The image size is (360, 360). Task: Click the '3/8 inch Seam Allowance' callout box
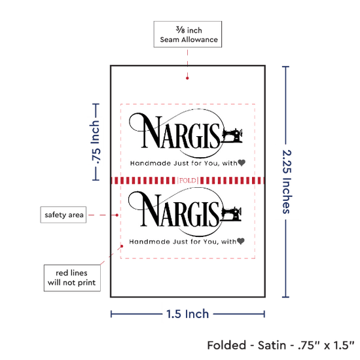tap(188, 34)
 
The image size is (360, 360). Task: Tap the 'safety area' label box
tap(63, 215)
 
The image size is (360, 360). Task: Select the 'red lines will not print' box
tap(72, 278)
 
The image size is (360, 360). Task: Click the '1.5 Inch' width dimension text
tap(187, 314)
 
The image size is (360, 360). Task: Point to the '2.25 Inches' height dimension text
tap(287, 181)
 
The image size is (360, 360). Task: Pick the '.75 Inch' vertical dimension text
tap(96, 142)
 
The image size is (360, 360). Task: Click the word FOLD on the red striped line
tap(188, 181)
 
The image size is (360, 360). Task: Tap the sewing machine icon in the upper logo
tap(232, 135)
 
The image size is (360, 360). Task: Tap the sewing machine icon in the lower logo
tap(231, 214)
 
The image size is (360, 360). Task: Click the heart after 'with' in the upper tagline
tap(242, 162)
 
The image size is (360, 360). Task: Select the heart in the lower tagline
tap(241, 241)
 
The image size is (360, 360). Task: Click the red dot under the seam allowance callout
tap(187, 78)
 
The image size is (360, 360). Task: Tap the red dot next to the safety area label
tap(117, 215)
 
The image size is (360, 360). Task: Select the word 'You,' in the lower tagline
tap(211, 242)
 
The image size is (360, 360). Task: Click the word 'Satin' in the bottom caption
tap(272, 346)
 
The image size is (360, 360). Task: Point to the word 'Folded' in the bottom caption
tap(226, 346)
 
